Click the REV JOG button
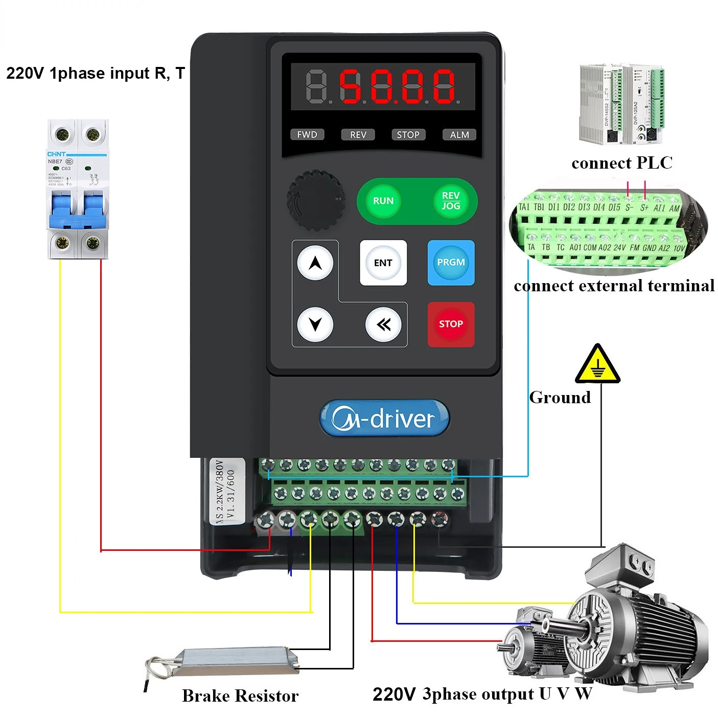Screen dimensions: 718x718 450,201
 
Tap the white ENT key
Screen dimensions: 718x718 383,263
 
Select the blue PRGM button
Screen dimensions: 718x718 451,262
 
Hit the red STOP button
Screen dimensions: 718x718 451,324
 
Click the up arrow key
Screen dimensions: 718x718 315,263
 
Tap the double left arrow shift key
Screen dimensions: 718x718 383,325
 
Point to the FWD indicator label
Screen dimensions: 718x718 307,134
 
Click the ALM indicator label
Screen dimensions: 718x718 459,134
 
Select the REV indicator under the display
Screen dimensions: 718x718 358,134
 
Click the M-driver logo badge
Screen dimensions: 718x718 384,419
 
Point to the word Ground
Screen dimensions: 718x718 560,397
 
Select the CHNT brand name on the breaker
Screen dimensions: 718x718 56,154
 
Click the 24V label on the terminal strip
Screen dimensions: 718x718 619,247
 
